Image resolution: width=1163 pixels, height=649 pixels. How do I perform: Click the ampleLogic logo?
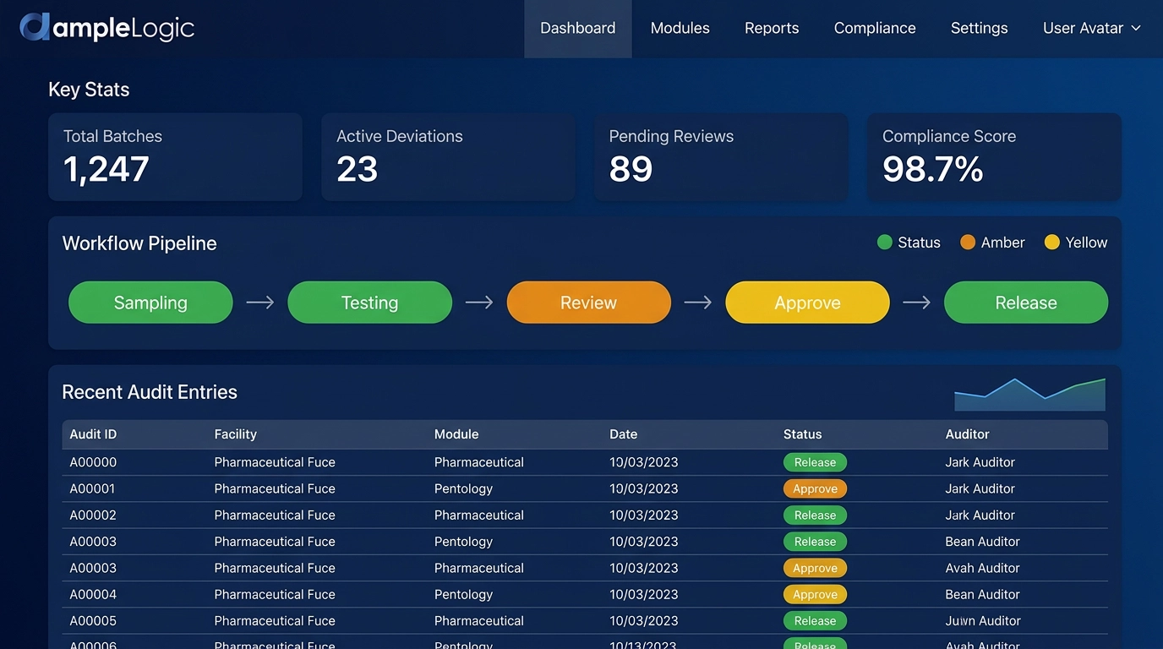coord(107,28)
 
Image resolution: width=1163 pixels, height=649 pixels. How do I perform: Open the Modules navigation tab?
coord(680,28)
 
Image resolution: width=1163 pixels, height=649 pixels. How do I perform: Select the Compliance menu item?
coord(874,28)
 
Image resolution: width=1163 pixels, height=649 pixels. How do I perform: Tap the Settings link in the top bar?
coord(979,28)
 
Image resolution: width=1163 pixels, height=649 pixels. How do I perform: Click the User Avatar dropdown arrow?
coord(1136,28)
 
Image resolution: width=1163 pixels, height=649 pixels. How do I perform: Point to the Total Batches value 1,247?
coord(106,169)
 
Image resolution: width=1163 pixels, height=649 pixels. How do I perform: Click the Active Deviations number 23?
coord(357,169)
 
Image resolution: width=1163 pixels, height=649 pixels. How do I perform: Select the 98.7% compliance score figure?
coord(932,169)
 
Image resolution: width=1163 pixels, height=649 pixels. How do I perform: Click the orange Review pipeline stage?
coord(588,303)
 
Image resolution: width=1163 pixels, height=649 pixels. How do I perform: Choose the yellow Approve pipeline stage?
coord(807,303)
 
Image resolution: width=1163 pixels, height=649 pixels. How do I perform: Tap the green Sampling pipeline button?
coord(150,303)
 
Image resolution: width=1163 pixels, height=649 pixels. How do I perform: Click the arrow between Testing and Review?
coord(479,303)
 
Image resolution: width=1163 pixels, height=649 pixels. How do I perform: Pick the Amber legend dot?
coord(968,243)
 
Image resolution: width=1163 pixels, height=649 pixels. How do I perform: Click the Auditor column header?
coord(967,434)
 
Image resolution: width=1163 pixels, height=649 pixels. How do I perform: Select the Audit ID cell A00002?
coord(93,515)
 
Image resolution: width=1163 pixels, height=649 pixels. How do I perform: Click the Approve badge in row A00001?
coord(815,488)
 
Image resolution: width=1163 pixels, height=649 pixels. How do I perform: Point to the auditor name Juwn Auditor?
coord(983,620)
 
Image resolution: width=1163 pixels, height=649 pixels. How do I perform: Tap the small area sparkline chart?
coord(1029,395)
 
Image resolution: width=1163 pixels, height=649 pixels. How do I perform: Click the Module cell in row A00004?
coord(463,594)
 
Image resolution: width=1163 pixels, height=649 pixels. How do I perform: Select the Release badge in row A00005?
coord(815,620)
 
